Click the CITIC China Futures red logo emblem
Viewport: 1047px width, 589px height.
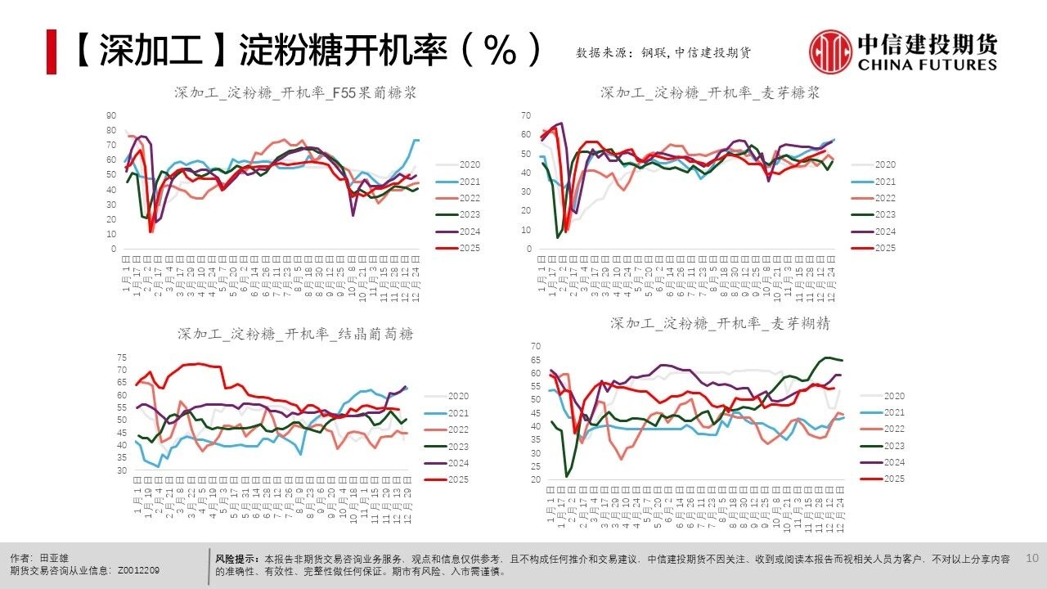click(830, 52)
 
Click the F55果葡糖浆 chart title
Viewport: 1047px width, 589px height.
click(295, 93)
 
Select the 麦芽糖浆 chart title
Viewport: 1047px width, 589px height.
click(710, 93)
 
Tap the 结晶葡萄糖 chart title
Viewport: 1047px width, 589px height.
click(295, 334)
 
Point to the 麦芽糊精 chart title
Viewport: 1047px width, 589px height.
click(720, 323)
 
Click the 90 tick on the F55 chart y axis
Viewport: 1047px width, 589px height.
click(111, 115)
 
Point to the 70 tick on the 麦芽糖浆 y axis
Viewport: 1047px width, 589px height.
click(527, 115)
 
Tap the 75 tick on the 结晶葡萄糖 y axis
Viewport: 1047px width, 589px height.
click(122, 357)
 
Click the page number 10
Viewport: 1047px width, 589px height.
click(1031, 558)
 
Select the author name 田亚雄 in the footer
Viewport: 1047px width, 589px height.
click(54, 558)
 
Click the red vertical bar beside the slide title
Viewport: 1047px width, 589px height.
click(51, 52)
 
